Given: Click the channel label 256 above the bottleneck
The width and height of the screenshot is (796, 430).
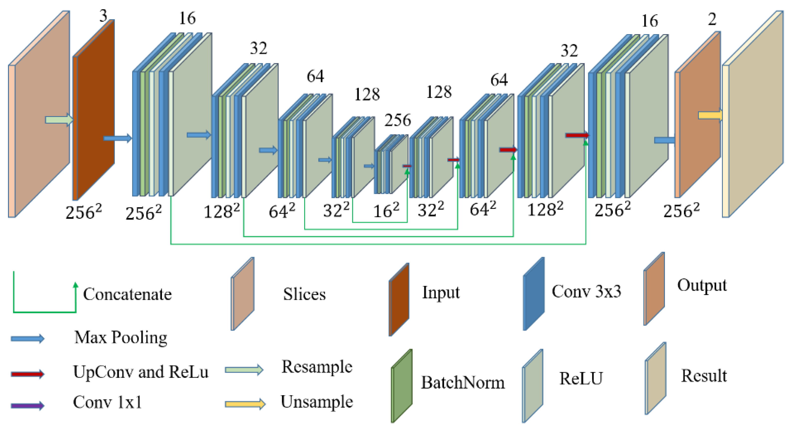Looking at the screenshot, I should (x=398, y=120).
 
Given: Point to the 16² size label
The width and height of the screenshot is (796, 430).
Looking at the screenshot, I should (x=386, y=211).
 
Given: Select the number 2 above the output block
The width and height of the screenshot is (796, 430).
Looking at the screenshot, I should (x=712, y=19).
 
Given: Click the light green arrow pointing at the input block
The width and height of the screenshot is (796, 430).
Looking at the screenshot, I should (x=59, y=120).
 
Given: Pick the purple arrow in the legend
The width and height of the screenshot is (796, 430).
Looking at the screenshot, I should (x=27, y=405).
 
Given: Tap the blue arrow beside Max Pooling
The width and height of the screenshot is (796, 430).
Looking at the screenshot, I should (x=27, y=339).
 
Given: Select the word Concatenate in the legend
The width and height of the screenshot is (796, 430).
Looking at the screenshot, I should (x=127, y=294).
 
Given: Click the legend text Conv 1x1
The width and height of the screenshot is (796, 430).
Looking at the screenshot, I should (x=107, y=402).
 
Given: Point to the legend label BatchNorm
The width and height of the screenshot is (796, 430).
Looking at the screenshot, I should (x=463, y=383).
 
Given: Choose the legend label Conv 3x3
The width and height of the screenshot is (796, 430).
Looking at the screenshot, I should (x=586, y=291).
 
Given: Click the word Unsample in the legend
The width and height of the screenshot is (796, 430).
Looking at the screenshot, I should (x=317, y=402).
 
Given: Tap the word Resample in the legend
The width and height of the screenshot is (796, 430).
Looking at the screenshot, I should (x=317, y=367).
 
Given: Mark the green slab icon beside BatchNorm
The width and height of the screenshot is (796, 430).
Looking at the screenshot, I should (x=402, y=386).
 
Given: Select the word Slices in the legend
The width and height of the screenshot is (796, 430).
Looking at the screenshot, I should (x=304, y=294).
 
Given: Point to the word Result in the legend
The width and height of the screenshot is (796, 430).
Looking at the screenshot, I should (x=704, y=376).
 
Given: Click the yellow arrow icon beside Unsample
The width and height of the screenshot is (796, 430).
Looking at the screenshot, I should (x=245, y=404).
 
